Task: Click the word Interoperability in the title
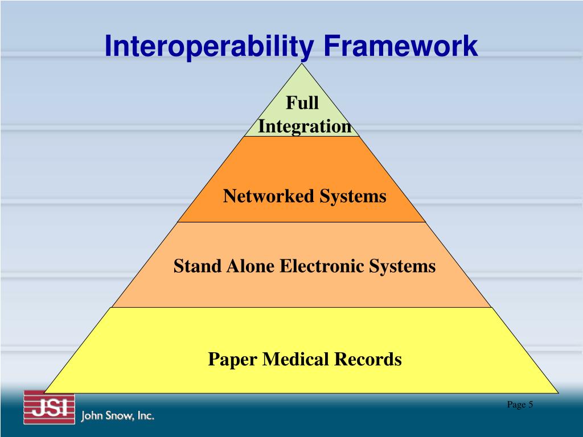coord(208,47)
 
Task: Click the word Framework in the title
coord(401,46)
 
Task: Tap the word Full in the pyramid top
coord(302,103)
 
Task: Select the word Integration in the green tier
coord(305,126)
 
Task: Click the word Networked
coord(269,196)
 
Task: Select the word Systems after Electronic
coord(402,266)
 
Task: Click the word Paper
coord(231,359)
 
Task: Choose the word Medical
coord(294,359)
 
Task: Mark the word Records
coord(368,359)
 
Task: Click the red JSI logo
coord(49,408)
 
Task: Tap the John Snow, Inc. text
coord(118,416)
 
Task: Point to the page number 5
coord(531,405)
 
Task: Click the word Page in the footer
coord(516,405)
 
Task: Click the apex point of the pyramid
coord(303,63)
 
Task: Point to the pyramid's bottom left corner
coord(44,393)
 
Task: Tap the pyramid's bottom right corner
coord(559,393)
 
